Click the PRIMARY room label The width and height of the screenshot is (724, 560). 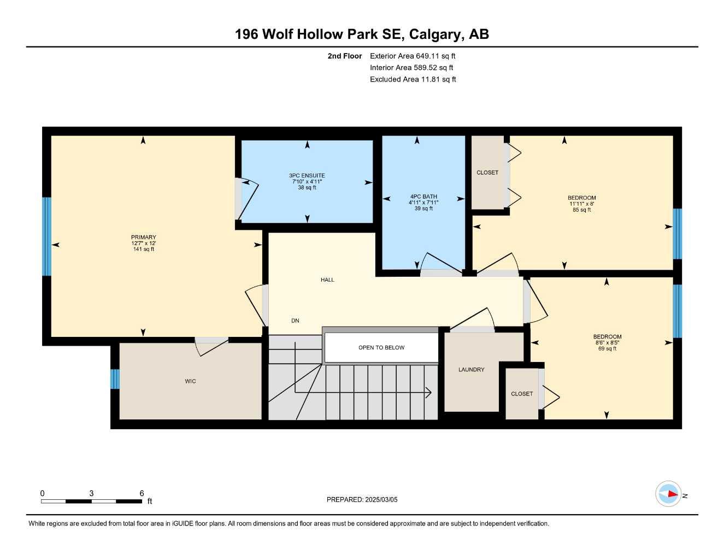tap(143, 237)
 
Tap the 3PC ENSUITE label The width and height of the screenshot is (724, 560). tap(307, 176)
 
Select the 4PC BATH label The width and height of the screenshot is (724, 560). tap(423, 196)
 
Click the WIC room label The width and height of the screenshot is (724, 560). tap(190, 381)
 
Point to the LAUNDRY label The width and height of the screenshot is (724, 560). tap(471, 370)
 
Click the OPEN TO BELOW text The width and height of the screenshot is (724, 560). tap(381, 347)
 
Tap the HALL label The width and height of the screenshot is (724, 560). tap(327, 279)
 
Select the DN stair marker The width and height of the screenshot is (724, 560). tap(295, 320)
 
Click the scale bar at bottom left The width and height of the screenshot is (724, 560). tap(92, 501)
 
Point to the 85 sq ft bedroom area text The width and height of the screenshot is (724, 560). tap(582, 210)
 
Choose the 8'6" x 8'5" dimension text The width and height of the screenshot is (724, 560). tap(607, 343)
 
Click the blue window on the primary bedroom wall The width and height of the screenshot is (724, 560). tap(47, 236)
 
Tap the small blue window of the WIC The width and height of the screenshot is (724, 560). tap(115, 379)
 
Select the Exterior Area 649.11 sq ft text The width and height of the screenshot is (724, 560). tap(413, 56)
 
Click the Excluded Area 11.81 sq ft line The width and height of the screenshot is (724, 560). tap(413, 79)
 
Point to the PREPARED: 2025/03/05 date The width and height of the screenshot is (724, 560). tap(362, 499)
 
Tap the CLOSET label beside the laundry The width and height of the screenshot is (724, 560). tap(521, 394)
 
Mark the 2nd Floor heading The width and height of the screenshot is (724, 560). tap(344, 56)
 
